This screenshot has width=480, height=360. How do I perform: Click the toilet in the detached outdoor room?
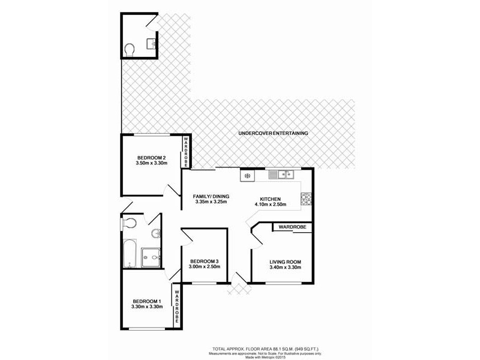129,49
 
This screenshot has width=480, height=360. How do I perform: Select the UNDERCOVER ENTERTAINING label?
273,133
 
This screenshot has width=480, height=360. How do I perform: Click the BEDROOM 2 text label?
151,158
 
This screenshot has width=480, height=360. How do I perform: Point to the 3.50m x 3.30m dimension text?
151,164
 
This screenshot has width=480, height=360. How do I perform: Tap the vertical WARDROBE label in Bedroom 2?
186,152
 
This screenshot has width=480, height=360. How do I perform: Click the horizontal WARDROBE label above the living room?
292,227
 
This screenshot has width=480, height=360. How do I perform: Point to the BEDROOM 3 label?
205,261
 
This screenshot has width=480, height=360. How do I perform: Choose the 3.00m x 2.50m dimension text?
205,267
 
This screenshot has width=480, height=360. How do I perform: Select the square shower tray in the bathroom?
151,258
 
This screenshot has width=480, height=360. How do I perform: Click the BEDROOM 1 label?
147,301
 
